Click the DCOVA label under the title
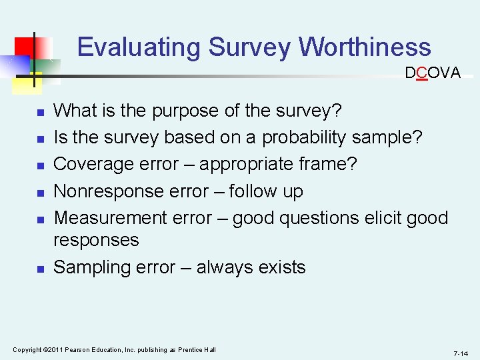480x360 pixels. (x=433, y=73)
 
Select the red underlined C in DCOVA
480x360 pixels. (x=421, y=73)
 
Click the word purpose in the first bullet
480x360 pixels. (x=188, y=110)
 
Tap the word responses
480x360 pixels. (x=96, y=240)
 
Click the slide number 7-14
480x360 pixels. (x=461, y=353)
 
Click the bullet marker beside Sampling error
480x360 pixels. (x=40, y=269)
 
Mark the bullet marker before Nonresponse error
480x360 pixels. (x=40, y=193)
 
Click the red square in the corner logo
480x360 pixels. (x=26, y=47)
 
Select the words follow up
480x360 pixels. (x=266, y=191)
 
